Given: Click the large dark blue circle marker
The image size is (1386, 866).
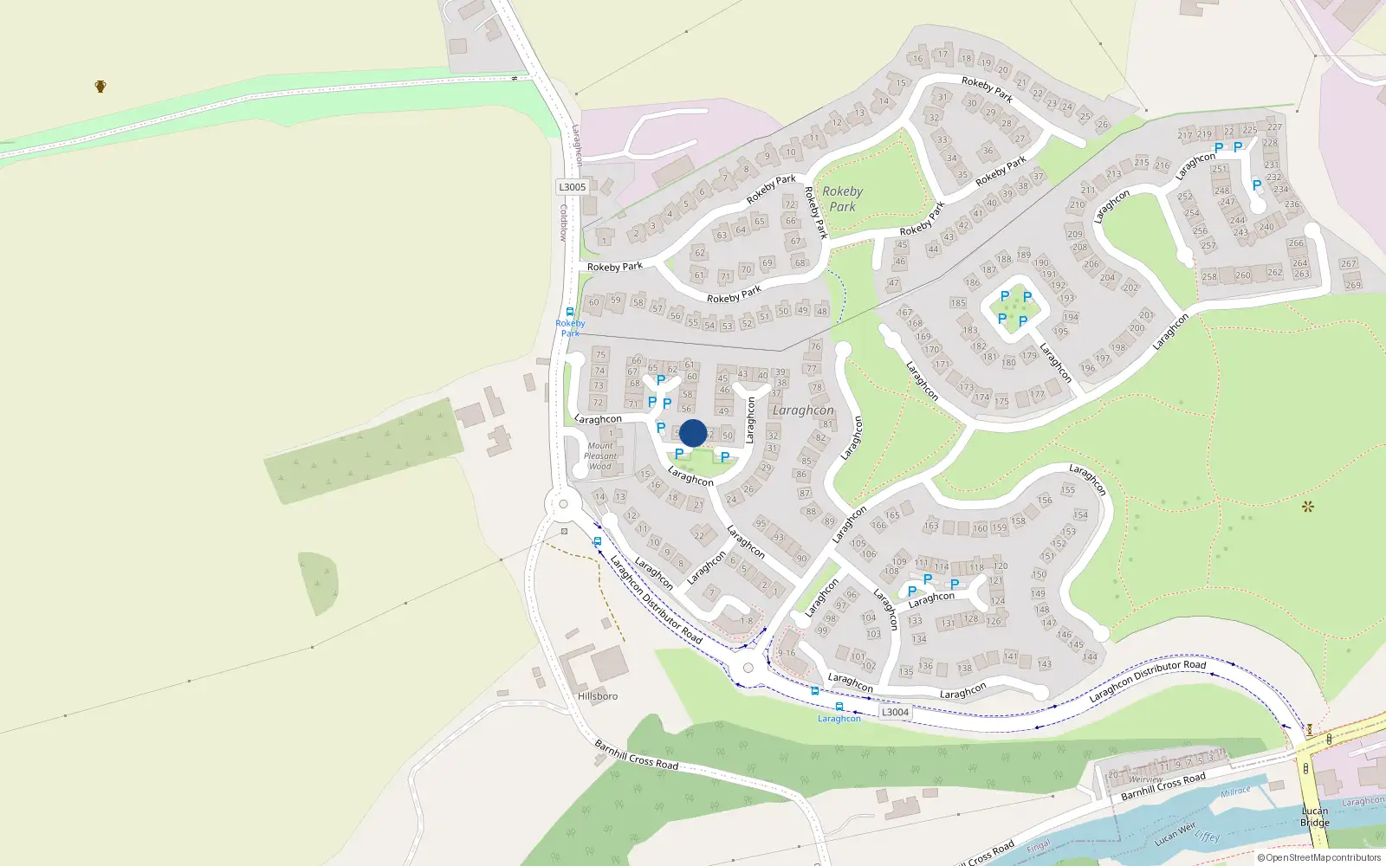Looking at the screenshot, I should pyautogui.click(x=693, y=433).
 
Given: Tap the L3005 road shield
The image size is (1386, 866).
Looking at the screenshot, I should pyautogui.click(x=572, y=187).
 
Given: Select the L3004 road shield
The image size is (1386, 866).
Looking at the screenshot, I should pyautogui.click(x=895, y=712).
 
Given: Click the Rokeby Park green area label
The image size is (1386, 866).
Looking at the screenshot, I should pyautogui.click(x=842, y=199).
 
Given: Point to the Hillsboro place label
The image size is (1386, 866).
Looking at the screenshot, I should pyautogui.click(x=598, y=696).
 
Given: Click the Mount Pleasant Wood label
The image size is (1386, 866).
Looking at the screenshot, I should pyautogui.click(x=600, y=456).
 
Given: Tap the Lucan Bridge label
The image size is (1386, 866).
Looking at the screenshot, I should pyautogui.click(x=1314, y=817).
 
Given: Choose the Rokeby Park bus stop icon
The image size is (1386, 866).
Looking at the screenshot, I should pyautogui.click(x=570, y=312).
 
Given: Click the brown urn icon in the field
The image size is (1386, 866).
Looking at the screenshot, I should pyautogui.click(x=100, y=86).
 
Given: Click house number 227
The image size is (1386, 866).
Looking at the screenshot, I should pyautogui.click(x=1274, y=127).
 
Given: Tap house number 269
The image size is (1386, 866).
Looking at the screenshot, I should pyautogui.click(x=1353, y=285).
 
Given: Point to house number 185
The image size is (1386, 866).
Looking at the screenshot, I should pyautogui.click(x=957, y=303).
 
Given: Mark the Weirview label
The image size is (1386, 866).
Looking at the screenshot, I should pyautogui.click(x=1145, y=779).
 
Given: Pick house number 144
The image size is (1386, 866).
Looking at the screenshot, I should pyautogui.click(x=1090, y=656).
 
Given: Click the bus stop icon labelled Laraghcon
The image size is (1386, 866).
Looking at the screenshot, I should pyautogui.click(x=839, y=707).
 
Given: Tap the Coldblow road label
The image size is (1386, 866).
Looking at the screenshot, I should pyautogui.click(x=562, y=223).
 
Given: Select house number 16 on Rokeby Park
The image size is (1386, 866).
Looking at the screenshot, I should pyautogui.click(x=917, y=59).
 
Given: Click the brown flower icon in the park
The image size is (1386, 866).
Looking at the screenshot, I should pyautogui.click(x=1308, y=506).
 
